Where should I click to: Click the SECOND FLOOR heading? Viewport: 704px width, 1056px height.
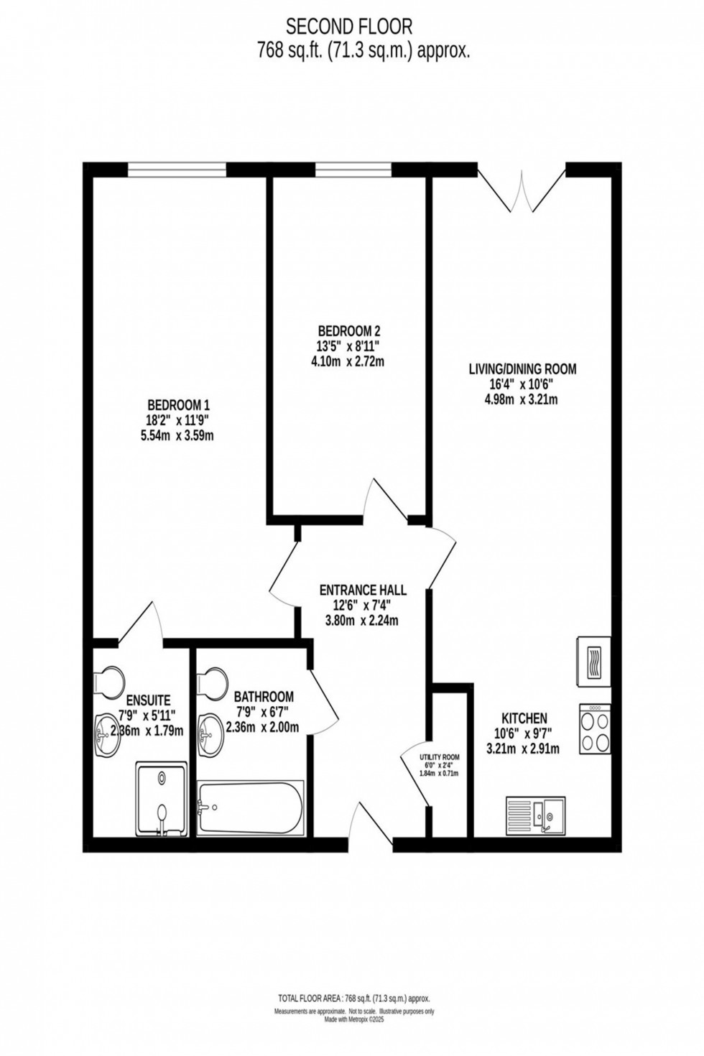click(349, 27)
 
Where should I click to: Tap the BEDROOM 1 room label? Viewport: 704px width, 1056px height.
click(178, 404)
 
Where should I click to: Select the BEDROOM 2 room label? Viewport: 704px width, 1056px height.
click(348, 331)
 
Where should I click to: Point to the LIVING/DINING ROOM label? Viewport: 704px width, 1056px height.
click(522, 369)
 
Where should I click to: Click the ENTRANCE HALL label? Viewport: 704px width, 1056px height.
click(363, 590)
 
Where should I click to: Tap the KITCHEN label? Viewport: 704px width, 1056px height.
click(524, 718)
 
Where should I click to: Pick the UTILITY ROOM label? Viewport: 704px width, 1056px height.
click(440, 757)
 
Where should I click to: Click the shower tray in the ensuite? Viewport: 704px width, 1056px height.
click(162, 799)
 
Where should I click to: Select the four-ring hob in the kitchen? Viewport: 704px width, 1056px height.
click(595, 729)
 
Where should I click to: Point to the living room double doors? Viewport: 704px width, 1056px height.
click(522, 188)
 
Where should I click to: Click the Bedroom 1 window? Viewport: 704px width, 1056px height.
click(177, 170)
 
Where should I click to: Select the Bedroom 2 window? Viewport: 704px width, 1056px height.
click(353, 170)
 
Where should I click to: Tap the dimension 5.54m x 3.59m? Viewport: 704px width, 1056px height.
click(177, 435)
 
